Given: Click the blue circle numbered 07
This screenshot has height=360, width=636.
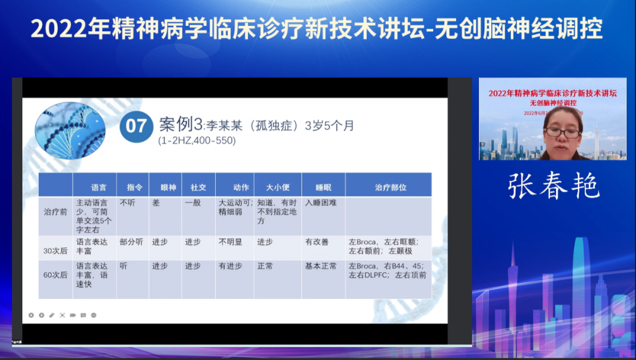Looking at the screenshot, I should [136, 126].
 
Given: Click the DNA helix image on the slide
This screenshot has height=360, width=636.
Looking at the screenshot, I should [70, 130].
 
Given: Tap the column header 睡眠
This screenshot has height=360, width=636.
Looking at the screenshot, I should [323, 187].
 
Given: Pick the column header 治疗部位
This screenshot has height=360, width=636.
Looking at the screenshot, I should [390, 187].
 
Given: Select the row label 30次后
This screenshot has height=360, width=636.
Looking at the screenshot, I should [55, 250].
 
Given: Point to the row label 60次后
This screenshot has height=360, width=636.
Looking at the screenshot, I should [55, 275].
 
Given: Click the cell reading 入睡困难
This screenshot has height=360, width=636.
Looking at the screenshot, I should [321, 202].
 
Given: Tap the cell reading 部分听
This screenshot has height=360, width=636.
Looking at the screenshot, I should [131, 242].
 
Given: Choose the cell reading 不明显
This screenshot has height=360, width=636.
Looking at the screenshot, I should [230, 242].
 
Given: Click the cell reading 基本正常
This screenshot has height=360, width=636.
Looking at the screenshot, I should [321, 266].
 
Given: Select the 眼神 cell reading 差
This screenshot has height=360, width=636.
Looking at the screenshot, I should [156, 202].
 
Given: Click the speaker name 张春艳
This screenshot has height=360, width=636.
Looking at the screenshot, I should [554, 186].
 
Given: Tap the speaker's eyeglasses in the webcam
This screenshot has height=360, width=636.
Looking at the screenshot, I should [563, 133].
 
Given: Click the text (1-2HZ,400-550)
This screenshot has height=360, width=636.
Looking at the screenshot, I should [197, 141].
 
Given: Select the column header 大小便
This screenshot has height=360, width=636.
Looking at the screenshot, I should [277, 187].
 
